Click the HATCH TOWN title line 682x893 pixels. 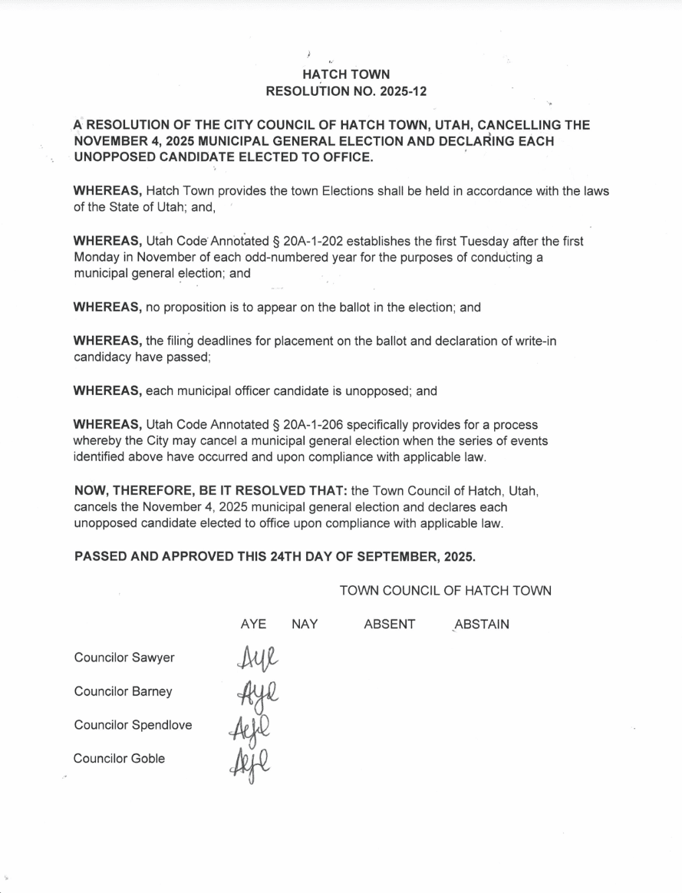(x=345, y=74)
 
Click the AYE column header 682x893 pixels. (x=253, y=624)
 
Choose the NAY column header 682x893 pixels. (x=305, y=624)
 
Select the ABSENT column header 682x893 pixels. (x=389, y=624)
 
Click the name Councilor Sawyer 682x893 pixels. (x=124, y=657)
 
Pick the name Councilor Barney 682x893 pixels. (x=124, y=691)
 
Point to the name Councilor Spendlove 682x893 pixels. (x=133, y=725)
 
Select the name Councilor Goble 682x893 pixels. (x=120, y=759)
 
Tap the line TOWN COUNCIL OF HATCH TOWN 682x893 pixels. (x=445, y=591)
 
